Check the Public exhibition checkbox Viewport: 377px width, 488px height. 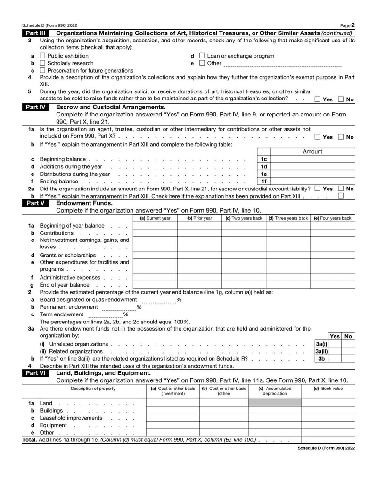pyautogui.click(x=42, y=56)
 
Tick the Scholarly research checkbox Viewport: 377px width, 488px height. pyautogui.click(x=42, y=63)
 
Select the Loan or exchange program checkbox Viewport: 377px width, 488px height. pyautogui.click(x=202, y=56)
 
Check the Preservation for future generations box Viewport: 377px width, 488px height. pyautogui.click(x=42, y=71)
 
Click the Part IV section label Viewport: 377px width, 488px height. pyautogui.click(x=35, y=107)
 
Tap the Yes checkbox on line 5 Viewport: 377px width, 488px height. pyautogui.click(x=318, y=99)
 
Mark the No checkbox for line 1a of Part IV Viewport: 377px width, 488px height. pyautogui.click(x=341, y=137)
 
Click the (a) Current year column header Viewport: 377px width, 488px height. pyautogui.click(x=155, y=218)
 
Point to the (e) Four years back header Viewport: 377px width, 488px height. pyautogui.click(x=332, y=218)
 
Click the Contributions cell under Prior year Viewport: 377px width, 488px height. pyautogui.click(x=199, y=233)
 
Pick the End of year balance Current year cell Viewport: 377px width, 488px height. pyautogui.click(x=155, y=285)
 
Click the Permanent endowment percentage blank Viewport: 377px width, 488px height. pyautogui.click(x=118, y=307)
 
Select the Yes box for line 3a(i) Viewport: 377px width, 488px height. pyautogui.click(x=335, y=344)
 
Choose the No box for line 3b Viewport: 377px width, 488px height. pyautogui.click(x=348, y=358)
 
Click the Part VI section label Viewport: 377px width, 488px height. pyautogui.click(x=35, y=373)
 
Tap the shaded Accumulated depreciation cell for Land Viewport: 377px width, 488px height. pyautogui.click(x=275, y=403)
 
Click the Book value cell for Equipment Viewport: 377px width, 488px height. pyautogui.click(x=328, y=425)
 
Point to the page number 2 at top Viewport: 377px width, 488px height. pyautogui.click(x=353, y=25)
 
